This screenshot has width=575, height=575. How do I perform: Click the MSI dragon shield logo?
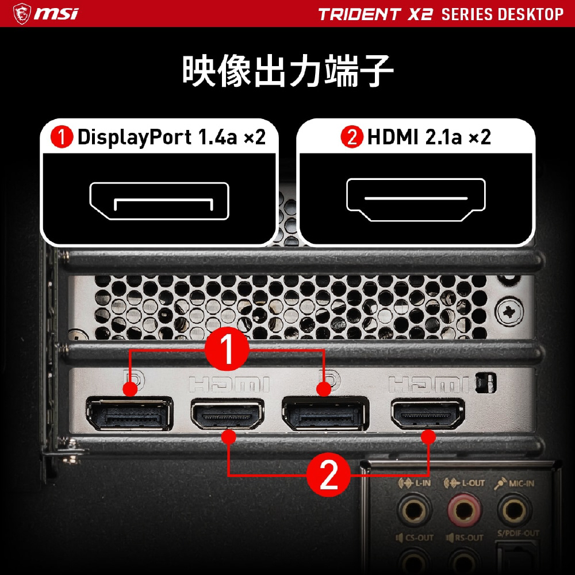[x=22, y=14]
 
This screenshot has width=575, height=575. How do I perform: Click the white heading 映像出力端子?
[x=288, y=71]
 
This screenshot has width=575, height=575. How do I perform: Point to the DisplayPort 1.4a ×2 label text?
[x=171, y=137]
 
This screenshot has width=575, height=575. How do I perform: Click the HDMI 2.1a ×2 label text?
[x=429, y=137]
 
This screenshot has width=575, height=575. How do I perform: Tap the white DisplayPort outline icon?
[x=159, y=201]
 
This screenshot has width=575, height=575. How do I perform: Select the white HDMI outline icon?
[x=416, y=200]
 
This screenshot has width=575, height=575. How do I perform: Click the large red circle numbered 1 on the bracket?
[x=227, y=349]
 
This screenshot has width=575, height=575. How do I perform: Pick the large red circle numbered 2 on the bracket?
[x=328, y=475]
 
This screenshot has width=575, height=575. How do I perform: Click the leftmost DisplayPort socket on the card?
[x=129, y=414]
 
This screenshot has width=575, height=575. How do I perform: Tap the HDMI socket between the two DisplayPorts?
[x=227, y=414]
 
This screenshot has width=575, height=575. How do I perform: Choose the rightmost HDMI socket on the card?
[x=428, y=414]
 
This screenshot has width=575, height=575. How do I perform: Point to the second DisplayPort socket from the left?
[x=325, y=414]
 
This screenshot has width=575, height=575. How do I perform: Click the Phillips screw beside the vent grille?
[x=509, y=312]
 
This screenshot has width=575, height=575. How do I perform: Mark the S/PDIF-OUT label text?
[x=518, y=533]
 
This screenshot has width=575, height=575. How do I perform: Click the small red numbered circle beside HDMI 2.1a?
[x=352, y=137]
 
